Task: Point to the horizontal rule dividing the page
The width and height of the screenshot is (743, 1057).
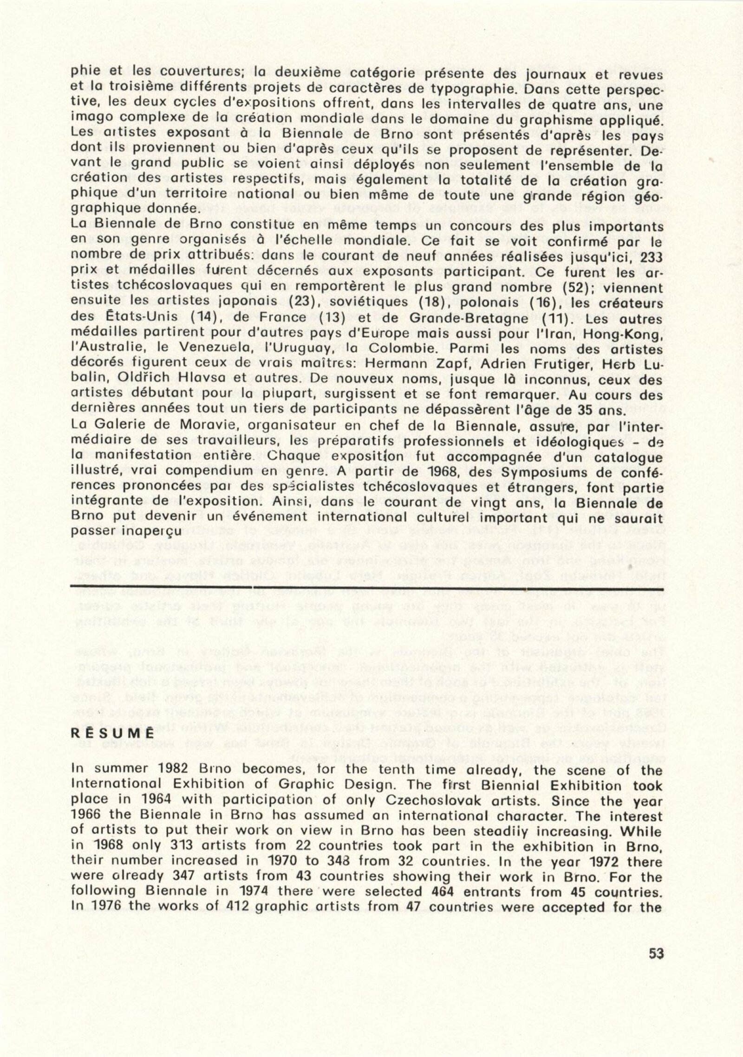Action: pos(367,588)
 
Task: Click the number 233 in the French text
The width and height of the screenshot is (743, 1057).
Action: pos(648,257)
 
